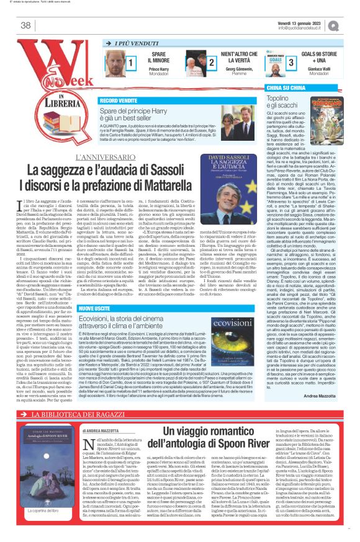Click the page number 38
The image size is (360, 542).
[x=25, y=25]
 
